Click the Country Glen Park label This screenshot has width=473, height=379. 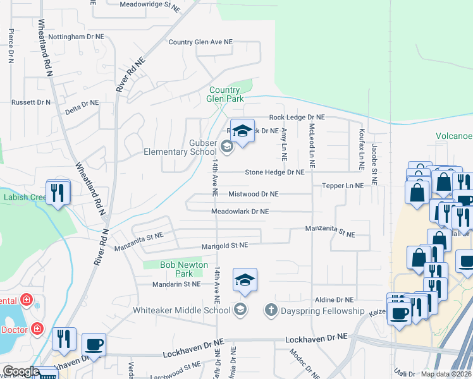click(226, 94)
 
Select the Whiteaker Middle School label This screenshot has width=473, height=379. click(181, 310)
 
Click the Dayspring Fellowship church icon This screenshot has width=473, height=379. click(271, 310)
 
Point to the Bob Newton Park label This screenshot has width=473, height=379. click(176, 269)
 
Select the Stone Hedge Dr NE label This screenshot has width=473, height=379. click(274, 172)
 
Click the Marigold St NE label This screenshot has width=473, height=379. click(216, 245)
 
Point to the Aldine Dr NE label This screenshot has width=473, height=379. click(335, 300)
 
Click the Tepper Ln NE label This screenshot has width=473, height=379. click(343, 186)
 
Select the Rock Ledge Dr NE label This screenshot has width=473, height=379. click(297, 117)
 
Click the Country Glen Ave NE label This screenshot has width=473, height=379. click(200, 42)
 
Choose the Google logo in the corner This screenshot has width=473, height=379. click(20, 371)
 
